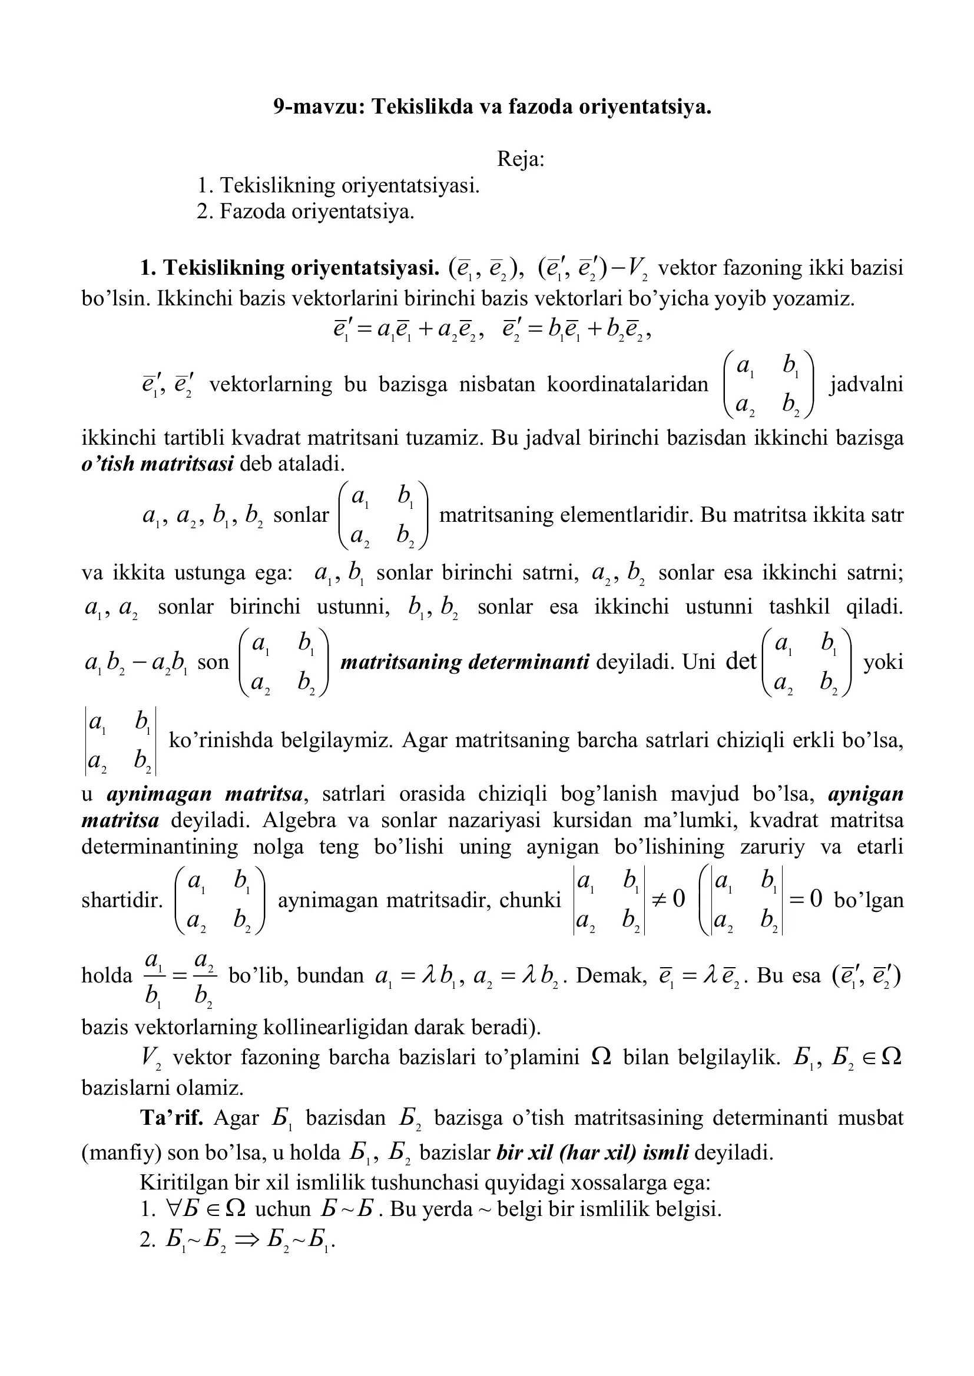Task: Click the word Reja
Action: pos(519,159)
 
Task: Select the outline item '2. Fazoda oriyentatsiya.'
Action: pos(305,212)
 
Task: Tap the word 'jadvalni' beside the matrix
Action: pos(866,384)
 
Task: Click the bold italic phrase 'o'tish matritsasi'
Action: pos(157,464)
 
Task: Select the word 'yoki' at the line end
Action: pos(883,662)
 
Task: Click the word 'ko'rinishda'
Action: pos(221,740)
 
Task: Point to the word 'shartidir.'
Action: pos(122,900)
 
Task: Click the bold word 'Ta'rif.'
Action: pos(171,1118)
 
